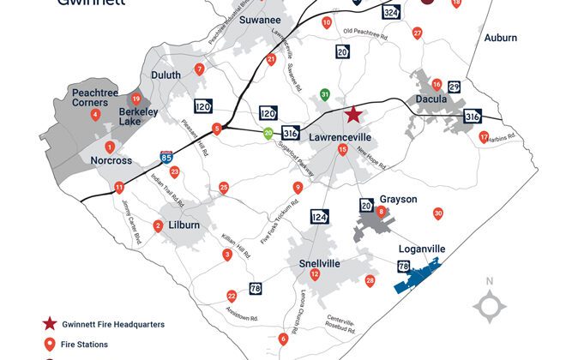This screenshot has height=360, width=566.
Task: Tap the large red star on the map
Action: (352, 115)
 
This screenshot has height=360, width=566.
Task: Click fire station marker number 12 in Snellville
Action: (315, 274)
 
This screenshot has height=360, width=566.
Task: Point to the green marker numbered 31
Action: (324, 94)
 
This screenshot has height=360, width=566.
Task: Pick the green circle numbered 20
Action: (268, 134)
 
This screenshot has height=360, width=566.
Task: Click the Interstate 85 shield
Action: (166, 158)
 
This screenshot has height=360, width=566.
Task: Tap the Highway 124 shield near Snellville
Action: (319, 216)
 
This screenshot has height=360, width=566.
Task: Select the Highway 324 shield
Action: (390, 13)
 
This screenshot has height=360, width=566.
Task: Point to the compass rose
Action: (490, 305)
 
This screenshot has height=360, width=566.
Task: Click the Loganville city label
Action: (422, 249)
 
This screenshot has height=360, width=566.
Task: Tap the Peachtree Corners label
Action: (95, 96)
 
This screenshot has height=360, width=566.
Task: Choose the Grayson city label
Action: (398, 199)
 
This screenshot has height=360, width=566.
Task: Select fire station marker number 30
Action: (438, 213)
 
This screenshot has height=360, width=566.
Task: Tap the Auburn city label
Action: (500, 38)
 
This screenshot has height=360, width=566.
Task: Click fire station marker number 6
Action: (283, 339)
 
